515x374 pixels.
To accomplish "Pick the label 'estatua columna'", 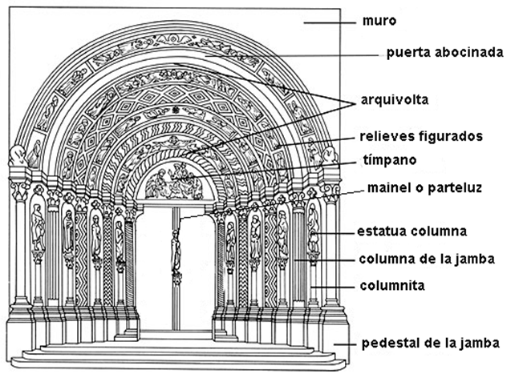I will coord(413,233).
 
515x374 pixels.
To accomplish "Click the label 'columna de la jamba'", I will coord(424,259).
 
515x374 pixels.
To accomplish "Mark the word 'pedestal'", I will coord(387,344).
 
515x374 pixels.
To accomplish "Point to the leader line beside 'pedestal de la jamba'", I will coord(341,344).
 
